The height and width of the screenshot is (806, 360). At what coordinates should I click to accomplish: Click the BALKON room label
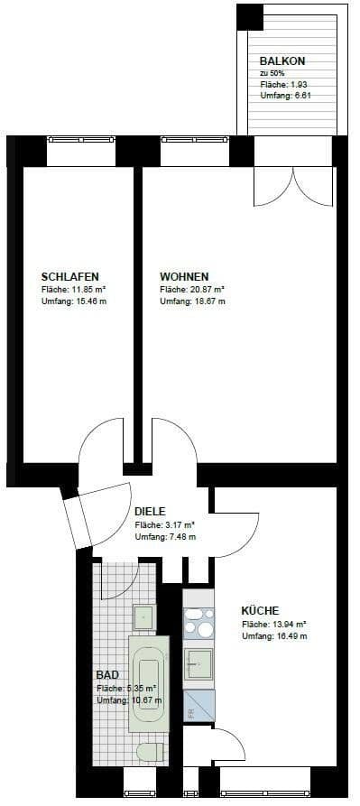tap(282, 60)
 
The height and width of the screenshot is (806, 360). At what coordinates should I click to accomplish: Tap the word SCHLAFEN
tap(69, 275)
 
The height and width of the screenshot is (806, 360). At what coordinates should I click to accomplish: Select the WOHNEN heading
tap(184, 275)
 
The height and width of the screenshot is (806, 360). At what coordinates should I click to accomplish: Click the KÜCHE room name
tap(260, 610)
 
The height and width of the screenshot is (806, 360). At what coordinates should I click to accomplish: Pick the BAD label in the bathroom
tap(106, 674)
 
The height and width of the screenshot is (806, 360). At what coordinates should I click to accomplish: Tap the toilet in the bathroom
tap(148, 752)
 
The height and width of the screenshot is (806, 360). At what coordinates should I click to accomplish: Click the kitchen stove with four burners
tap(198, 624)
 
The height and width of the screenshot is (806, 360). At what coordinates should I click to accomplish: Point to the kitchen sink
tap(198, 666)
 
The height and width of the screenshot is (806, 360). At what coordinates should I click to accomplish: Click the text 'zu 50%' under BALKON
tap(272, 72)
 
